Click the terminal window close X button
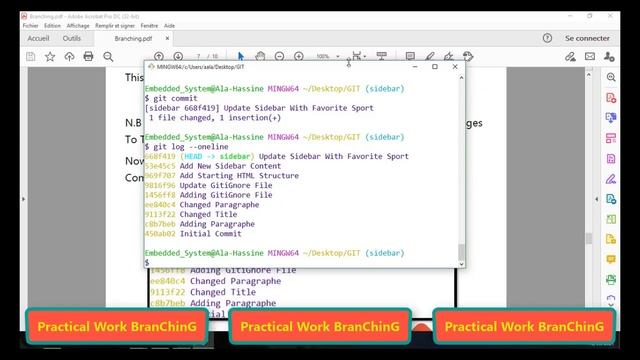[457, 67]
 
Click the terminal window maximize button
[434, 67]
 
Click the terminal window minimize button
[411, 67]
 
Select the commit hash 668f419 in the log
[160, 156]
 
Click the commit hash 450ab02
[160, 233]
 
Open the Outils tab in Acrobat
[72, 38]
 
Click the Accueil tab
[38, 38]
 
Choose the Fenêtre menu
[148, 25]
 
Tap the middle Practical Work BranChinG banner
[320, 326]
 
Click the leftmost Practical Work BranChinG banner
[116, 326]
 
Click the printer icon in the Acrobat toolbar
[88, 56]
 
